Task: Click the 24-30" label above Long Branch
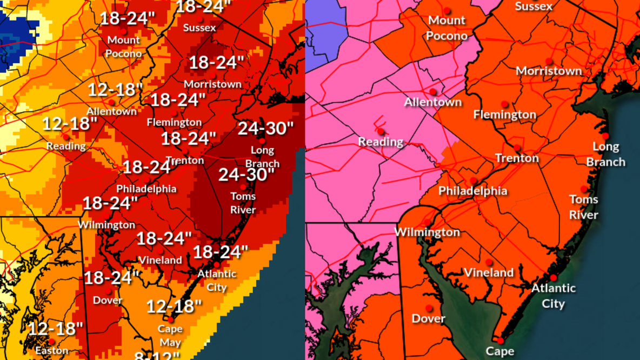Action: (265, 129)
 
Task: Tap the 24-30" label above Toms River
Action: (246, 175)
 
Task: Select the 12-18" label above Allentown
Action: (115, 90)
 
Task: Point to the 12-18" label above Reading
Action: (70, 124)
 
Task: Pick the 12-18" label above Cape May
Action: (174, 306)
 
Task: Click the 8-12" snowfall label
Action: (157, 355)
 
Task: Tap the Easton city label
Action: (52, 350)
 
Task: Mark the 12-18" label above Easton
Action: (55, 328)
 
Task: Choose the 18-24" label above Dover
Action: (111, 278)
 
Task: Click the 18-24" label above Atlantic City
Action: (220, 251)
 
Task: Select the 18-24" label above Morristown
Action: (216, 63)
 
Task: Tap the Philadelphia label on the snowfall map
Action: (146, 189)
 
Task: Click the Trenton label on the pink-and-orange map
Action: (517, 158)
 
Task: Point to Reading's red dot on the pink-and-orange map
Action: (381, 131)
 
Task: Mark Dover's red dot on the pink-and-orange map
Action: (429, 309)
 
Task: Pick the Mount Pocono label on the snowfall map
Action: (124, 46)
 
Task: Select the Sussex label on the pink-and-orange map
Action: (534, 6)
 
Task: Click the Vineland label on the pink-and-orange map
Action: (489, 272)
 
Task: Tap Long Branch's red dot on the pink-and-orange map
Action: (606, 136)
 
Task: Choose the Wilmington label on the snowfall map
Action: (106, 224)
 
